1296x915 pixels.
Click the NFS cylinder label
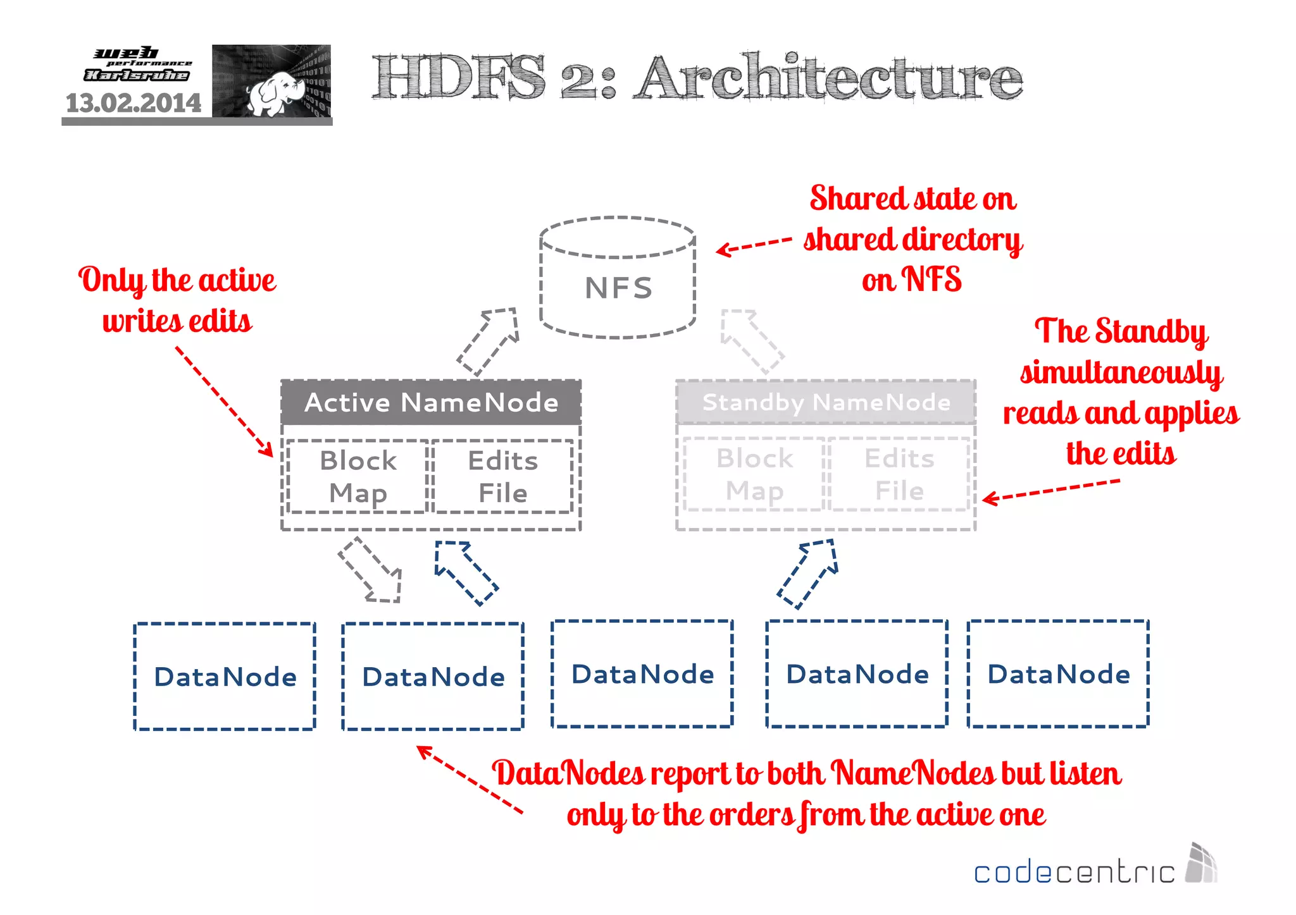click(x=618, y=288)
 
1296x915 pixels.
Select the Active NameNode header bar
click(x=431, y=403)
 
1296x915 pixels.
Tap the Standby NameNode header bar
click(x=826, y=403)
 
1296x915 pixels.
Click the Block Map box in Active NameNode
click(x=358, y=477)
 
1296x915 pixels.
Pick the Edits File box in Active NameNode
click(x=502, y=477)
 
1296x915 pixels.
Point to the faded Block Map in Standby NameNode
click(x=754, y=474)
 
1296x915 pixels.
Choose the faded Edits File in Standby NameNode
click(x=899, y=474)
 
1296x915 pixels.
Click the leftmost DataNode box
click(x=225, y=677)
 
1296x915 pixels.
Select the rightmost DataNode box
click(x=1058, y=674)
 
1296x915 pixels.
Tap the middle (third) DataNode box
click(x=642, y=674)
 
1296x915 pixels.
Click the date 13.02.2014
click(x=134, y=103)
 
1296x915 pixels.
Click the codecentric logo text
click(x=1073, y=873)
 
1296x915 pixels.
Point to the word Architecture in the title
click(x=829, y=78)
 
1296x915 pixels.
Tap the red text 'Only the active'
click(x=177, y=280)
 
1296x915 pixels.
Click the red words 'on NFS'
click(x=911, y=279)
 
